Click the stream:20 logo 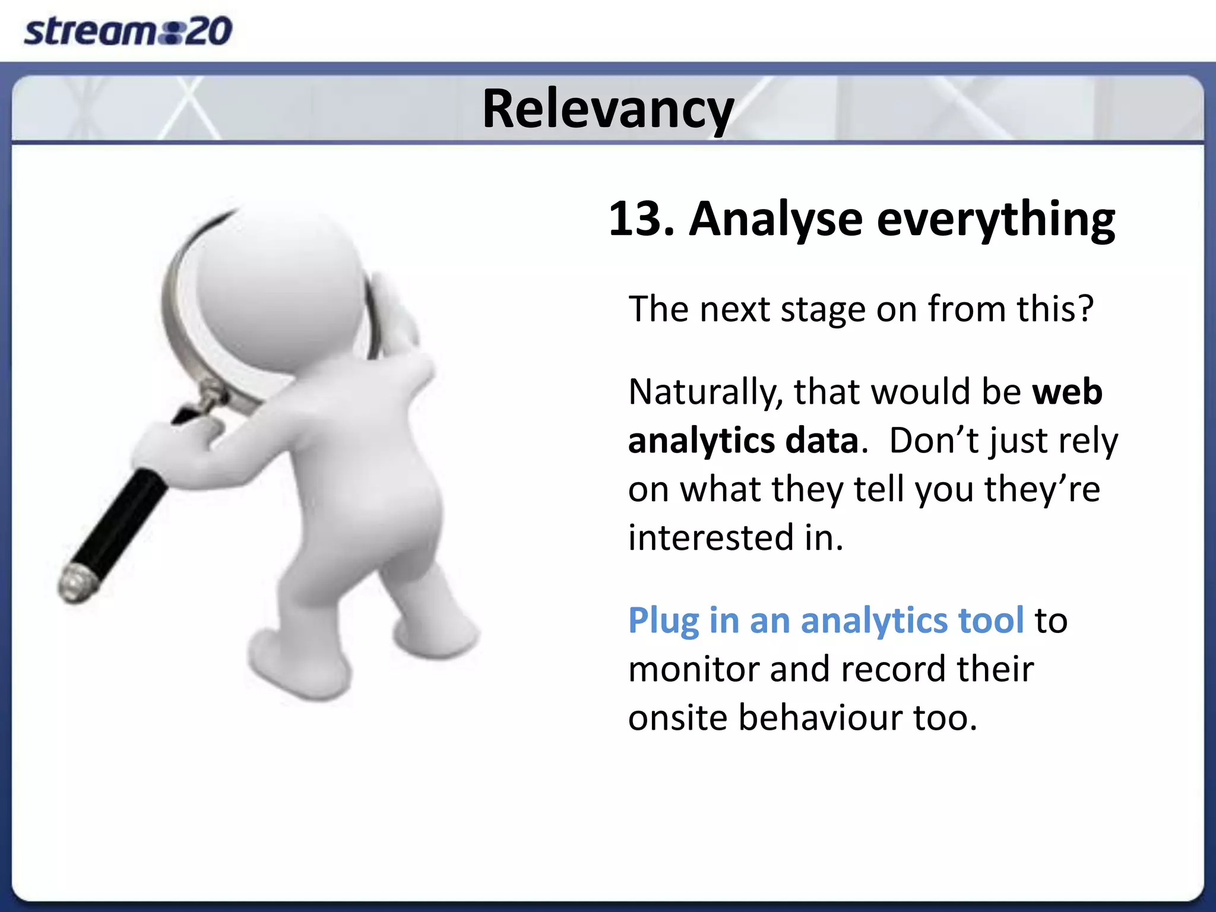pos(128,31)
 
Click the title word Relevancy pos(607,109)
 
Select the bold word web pos(1067,392)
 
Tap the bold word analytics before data pos(701,441)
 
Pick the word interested pos(710,537)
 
